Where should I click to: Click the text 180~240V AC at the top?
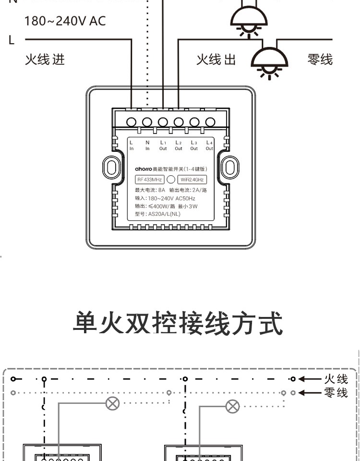[65, 21]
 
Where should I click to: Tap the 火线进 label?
[45, 60]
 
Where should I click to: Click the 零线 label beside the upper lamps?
[320, 60]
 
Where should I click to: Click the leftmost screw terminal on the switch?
[132, 122]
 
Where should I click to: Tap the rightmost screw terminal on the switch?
[210, 122]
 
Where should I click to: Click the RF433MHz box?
[150, 180]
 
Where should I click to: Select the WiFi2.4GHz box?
[192, 180]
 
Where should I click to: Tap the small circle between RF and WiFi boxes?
[170, 180]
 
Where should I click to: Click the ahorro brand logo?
[143, 170]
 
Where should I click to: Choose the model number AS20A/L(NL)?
[157, 214]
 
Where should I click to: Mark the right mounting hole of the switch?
[230, 167]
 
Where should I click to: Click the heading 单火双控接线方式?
[178, 324]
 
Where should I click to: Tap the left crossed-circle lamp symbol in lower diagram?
[112, 403]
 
